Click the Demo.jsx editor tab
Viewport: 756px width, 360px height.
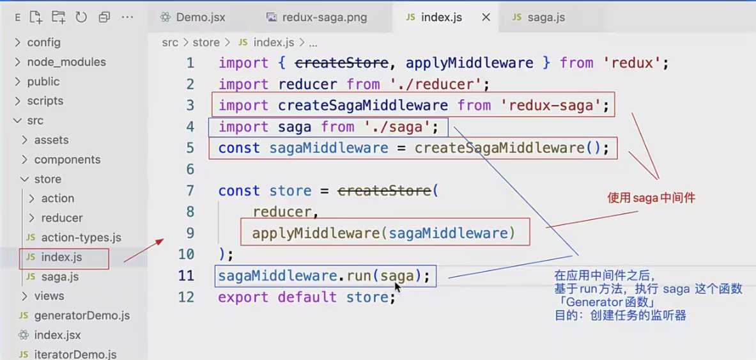click(x=200, y=17)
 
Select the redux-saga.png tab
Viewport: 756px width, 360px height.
click(x=324, y=17)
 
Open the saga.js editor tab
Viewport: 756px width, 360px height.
click(x=546, y=17)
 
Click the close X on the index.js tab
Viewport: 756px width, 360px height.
click(x=486, y=17)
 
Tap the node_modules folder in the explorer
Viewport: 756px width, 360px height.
click(x=66, y=62)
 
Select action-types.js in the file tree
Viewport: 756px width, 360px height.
click(x=81, y=237)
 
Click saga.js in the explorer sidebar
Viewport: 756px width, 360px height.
click(x=59, y=276)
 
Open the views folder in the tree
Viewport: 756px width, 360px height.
click(x=49, y=296)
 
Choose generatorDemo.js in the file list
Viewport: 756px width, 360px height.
click(x=82, y=315)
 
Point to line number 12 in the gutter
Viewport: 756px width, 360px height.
click(x=186, y=297)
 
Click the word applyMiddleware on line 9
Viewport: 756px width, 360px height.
click(x=316, y=233)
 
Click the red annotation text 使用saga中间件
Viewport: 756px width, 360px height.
click(x=651, y=198)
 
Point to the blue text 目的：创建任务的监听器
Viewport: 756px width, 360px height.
click(x=619, y=315)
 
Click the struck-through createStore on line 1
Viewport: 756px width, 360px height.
click(x=341, y=63)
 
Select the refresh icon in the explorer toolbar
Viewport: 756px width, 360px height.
click(x=81, y=17)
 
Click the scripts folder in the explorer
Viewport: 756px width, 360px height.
click(x=45, y=101)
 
